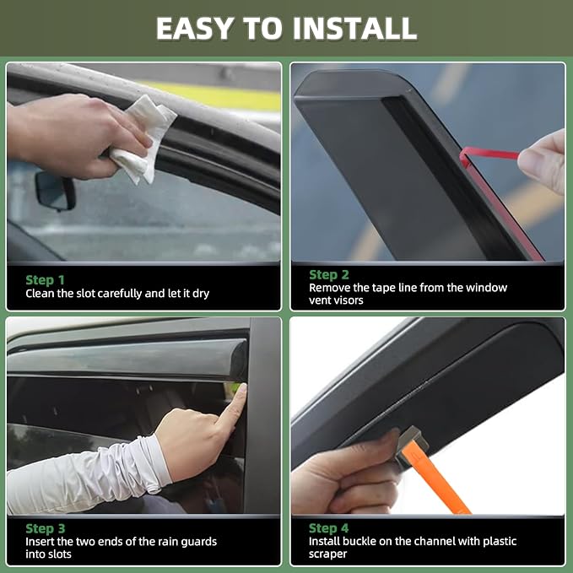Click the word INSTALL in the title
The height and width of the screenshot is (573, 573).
coord(354,29)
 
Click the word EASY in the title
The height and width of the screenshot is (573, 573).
coord(195,29)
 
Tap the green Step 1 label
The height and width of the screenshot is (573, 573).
coord(45,280)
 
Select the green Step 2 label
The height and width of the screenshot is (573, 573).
coord(329,275)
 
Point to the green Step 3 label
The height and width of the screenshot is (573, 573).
coord(46,529)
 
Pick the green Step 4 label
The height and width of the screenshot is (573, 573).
coord(328,528)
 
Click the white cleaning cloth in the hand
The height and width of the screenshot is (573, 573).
coord(144,139)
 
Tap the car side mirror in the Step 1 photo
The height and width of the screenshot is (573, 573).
coord(55,191)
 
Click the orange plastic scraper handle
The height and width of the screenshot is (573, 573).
coord(435,477)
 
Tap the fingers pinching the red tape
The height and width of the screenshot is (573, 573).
coord(542,161)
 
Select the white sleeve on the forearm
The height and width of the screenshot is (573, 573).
coord(88,475)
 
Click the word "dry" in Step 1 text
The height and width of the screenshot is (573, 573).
coord(200,294)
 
